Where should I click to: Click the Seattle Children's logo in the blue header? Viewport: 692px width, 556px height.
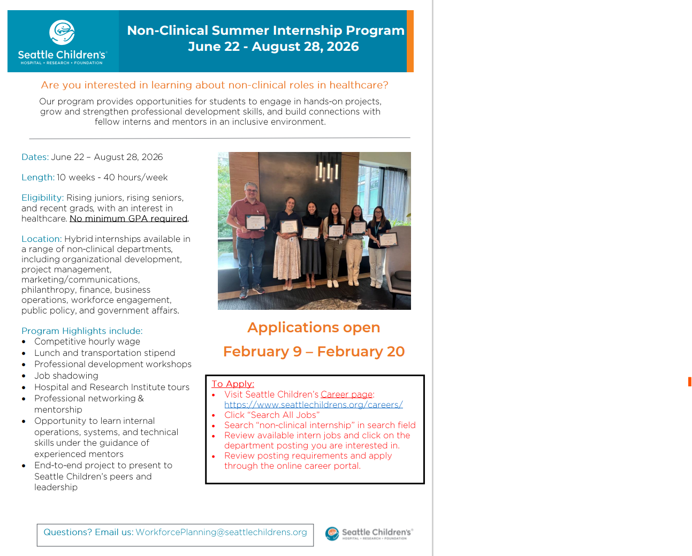coord(62,42)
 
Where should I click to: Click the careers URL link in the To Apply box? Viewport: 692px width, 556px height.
coord(313,405)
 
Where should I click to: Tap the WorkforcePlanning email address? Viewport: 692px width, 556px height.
coord(221,532)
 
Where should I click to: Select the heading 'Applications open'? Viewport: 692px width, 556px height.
coord(314,327)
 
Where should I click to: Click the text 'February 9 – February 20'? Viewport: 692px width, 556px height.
coord(314,352)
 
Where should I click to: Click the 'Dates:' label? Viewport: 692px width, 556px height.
coord(35,157)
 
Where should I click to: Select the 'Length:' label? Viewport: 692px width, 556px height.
coord(37,177)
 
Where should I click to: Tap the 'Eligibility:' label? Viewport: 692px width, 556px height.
coord(42,197)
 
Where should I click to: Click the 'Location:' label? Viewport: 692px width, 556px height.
coord(41,239)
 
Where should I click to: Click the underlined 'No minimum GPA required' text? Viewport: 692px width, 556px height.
coord(128,218)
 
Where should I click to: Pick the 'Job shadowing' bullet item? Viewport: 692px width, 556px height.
coord(66,376)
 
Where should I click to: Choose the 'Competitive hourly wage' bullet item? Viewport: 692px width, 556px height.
coord(87,341)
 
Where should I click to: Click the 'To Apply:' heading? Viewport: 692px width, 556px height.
coord(233,384)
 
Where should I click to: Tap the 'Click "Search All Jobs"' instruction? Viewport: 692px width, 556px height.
coord(272,415)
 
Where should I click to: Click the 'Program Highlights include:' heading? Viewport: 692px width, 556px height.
coord(82,331)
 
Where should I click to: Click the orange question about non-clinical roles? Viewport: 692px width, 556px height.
coord(215,85)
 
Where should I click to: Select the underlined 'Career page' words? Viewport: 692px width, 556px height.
coord(346,394)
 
